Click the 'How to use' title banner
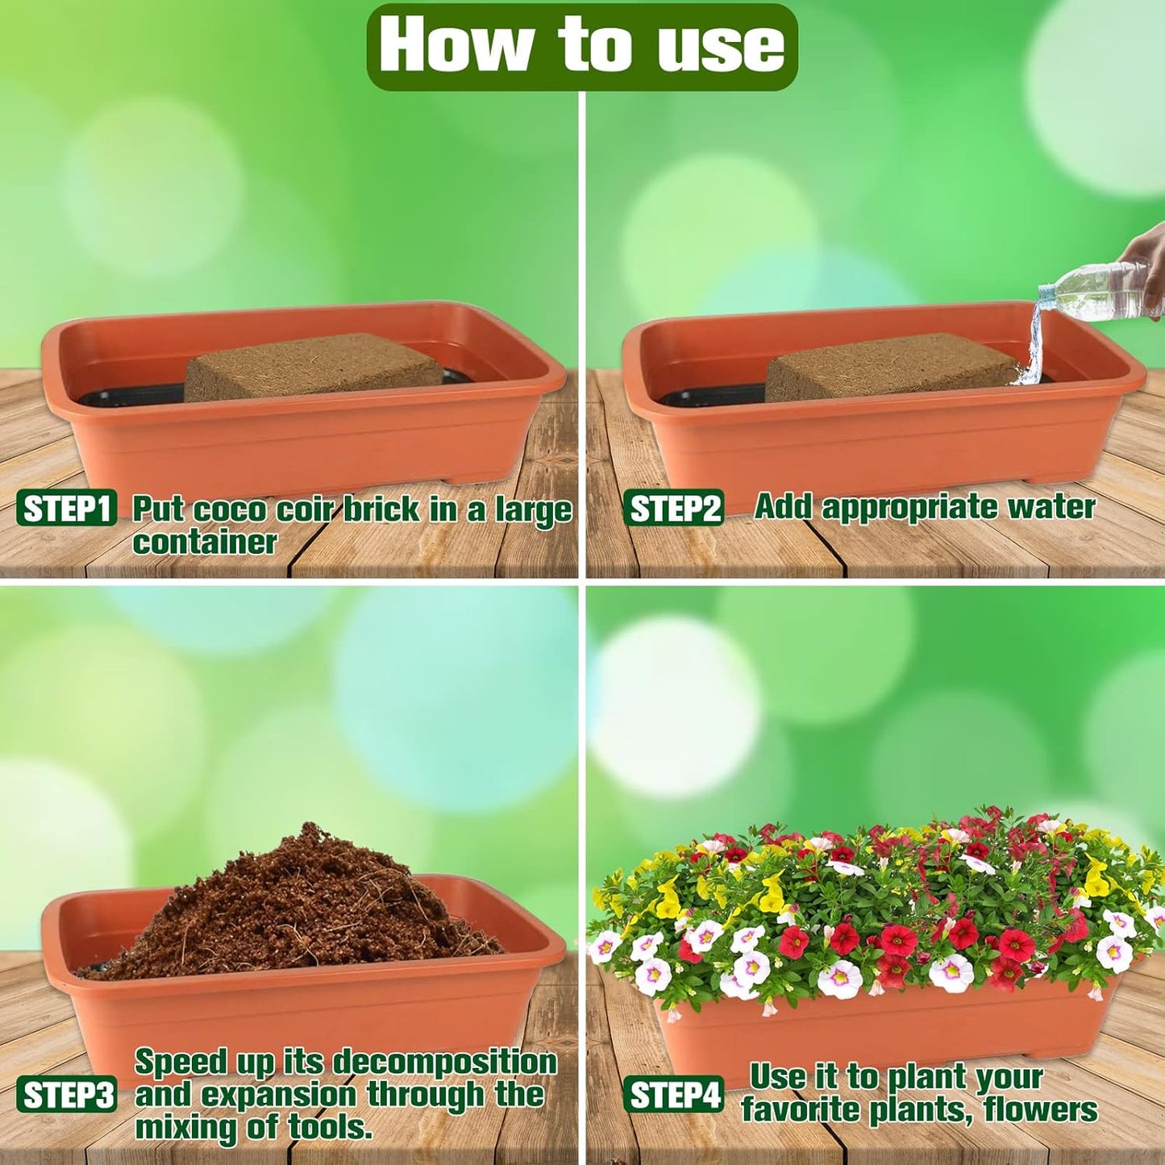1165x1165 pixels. (x=581, y=46)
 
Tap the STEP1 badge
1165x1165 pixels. (x=67, y=510)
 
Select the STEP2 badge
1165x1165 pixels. (x=673, y=510)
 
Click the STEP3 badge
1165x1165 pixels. (x=67, y=1096)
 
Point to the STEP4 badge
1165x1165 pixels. (x=673, y=1096)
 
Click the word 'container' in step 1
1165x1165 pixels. (x=205, y=543)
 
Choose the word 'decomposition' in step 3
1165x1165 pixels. (x=444, y=1063)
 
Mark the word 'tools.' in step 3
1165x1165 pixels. (x=331, y=1128)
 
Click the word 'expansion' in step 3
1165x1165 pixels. (x=277, y=1096)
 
